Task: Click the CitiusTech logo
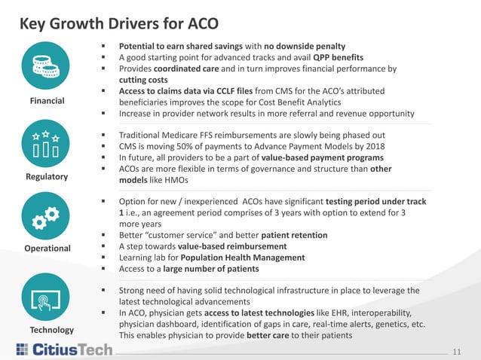(63, 349)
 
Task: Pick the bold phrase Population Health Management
(252, 257)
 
